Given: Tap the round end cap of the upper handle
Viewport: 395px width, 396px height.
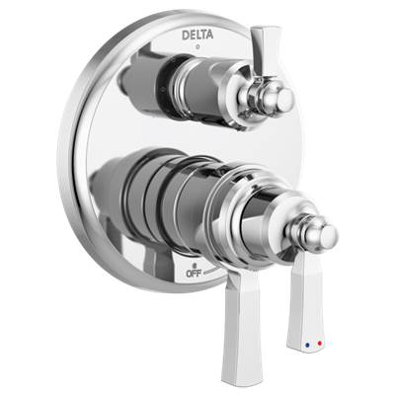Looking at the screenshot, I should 283,100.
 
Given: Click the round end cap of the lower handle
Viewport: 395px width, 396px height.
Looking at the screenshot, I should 321,235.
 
